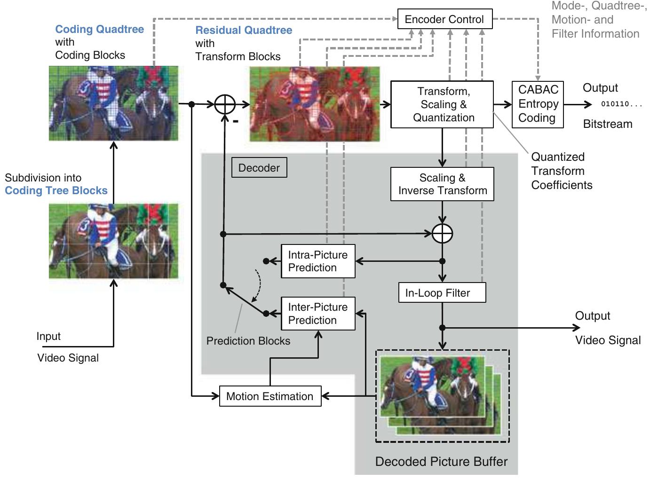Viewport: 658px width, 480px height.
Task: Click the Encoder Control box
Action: pos(444,19)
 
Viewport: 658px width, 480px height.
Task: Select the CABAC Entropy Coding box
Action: pos(538,104)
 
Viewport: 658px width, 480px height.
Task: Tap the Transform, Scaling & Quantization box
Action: pos(442,104)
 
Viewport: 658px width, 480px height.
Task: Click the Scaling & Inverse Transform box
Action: pos(442,184)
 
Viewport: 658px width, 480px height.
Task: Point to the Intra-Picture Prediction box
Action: pos(317,261)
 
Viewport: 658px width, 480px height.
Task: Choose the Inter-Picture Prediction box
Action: pos(317,314)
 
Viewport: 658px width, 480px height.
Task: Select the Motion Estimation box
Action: pos(270,396)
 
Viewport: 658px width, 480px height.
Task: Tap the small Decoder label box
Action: pos(259,168)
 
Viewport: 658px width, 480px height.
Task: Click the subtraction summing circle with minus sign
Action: pos(225,104)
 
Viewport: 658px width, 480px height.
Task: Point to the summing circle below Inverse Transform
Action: pos(442,234)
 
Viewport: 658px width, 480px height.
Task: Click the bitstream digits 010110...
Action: pos(621,104)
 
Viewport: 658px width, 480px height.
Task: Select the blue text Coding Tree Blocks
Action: pos(56,190)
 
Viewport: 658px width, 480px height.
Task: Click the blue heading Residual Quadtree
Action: pos(244,30)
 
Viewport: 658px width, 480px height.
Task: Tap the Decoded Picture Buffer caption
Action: pos(441,462)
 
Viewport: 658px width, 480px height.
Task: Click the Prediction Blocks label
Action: pos(248,341)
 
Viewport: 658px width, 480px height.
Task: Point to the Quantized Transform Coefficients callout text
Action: pos(561,171)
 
